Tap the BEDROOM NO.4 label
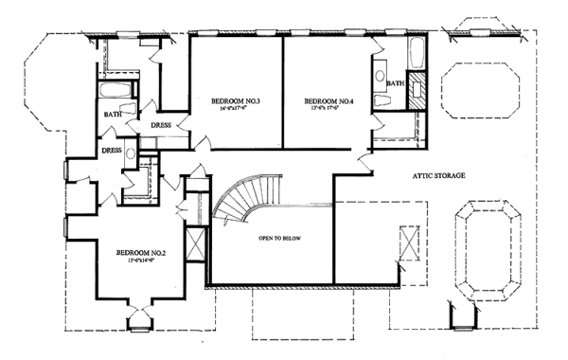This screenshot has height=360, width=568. pos(328,100)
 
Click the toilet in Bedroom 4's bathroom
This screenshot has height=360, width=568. pos(381,100)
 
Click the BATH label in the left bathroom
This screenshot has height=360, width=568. pos(113,117)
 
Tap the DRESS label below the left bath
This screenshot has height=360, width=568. pos(112,150)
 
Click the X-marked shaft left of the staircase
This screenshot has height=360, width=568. pos(197,244)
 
